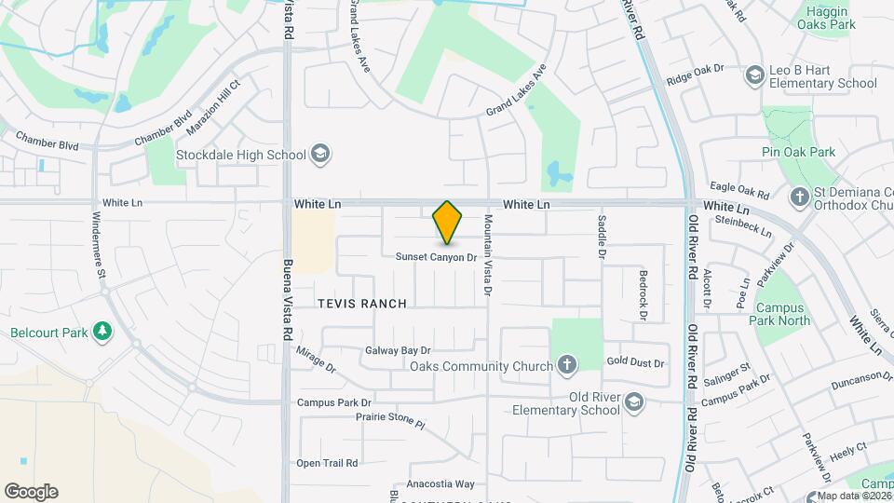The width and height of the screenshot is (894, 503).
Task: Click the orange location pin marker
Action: [x=448, y=223]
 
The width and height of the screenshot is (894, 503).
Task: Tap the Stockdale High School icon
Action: [x=320, y=155]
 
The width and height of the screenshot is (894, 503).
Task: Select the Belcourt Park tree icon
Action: [x=102, y=333]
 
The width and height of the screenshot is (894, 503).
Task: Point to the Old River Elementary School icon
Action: [x=634, y=402]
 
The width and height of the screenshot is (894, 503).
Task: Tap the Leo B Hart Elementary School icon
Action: [x=755, y=75]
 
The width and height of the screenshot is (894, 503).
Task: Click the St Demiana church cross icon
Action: [x=799, y=197]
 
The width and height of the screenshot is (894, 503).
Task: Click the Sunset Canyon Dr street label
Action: [x=436, y=257]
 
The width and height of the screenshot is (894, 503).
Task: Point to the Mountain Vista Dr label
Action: [x=487, y=255]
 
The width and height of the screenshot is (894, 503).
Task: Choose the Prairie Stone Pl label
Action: [x=390, y=420]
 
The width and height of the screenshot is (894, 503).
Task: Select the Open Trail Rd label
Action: [x=327, y=463]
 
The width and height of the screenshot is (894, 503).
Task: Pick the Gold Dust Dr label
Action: [x=635, y=362]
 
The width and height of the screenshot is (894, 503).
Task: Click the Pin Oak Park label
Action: [x=798, y=152]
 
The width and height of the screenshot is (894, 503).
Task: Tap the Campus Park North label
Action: [x=782, y=315]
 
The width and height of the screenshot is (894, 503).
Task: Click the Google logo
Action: [x=31, y=491]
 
